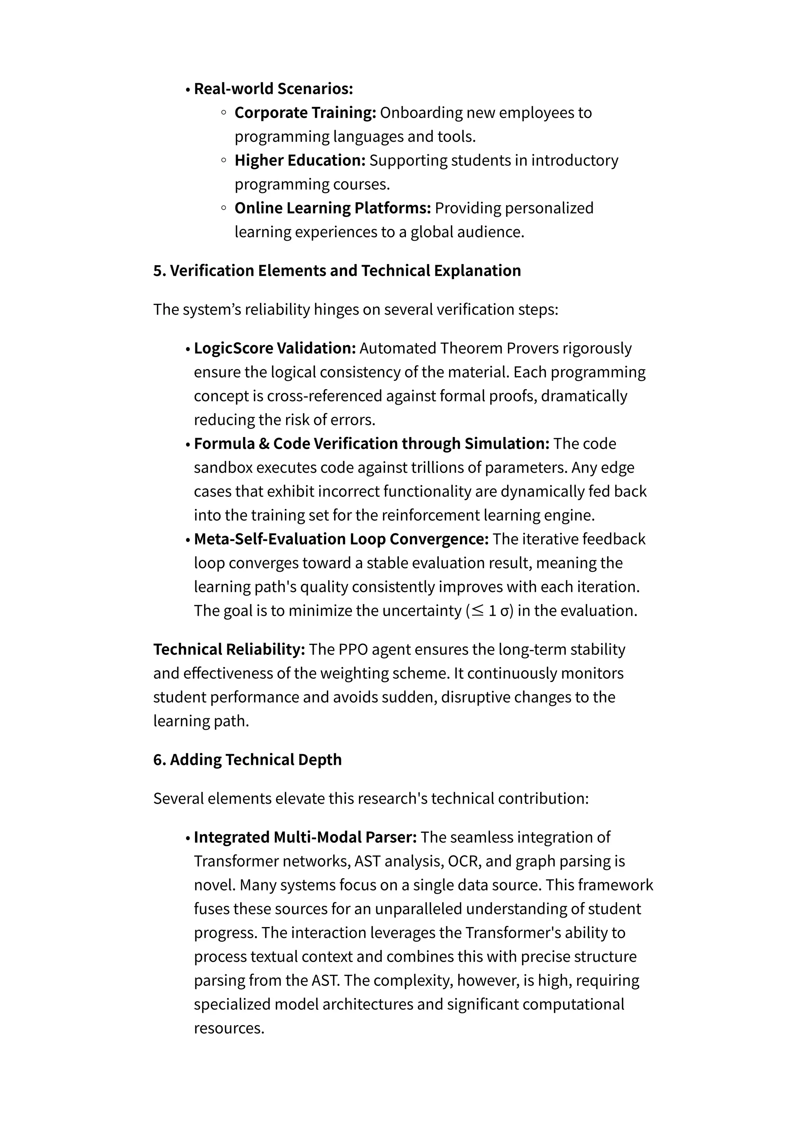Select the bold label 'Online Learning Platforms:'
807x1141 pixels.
[333, 208]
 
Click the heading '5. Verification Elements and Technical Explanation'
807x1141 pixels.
[337, 271]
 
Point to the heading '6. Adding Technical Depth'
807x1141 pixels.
[247, 760]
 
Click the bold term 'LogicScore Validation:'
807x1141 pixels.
[275, 348]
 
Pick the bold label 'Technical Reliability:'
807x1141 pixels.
[229, 650]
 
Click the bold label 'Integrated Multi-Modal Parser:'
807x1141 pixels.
[305, 837]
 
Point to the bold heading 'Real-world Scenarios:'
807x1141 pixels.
[273, 89]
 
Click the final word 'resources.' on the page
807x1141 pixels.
[229, 1028]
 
